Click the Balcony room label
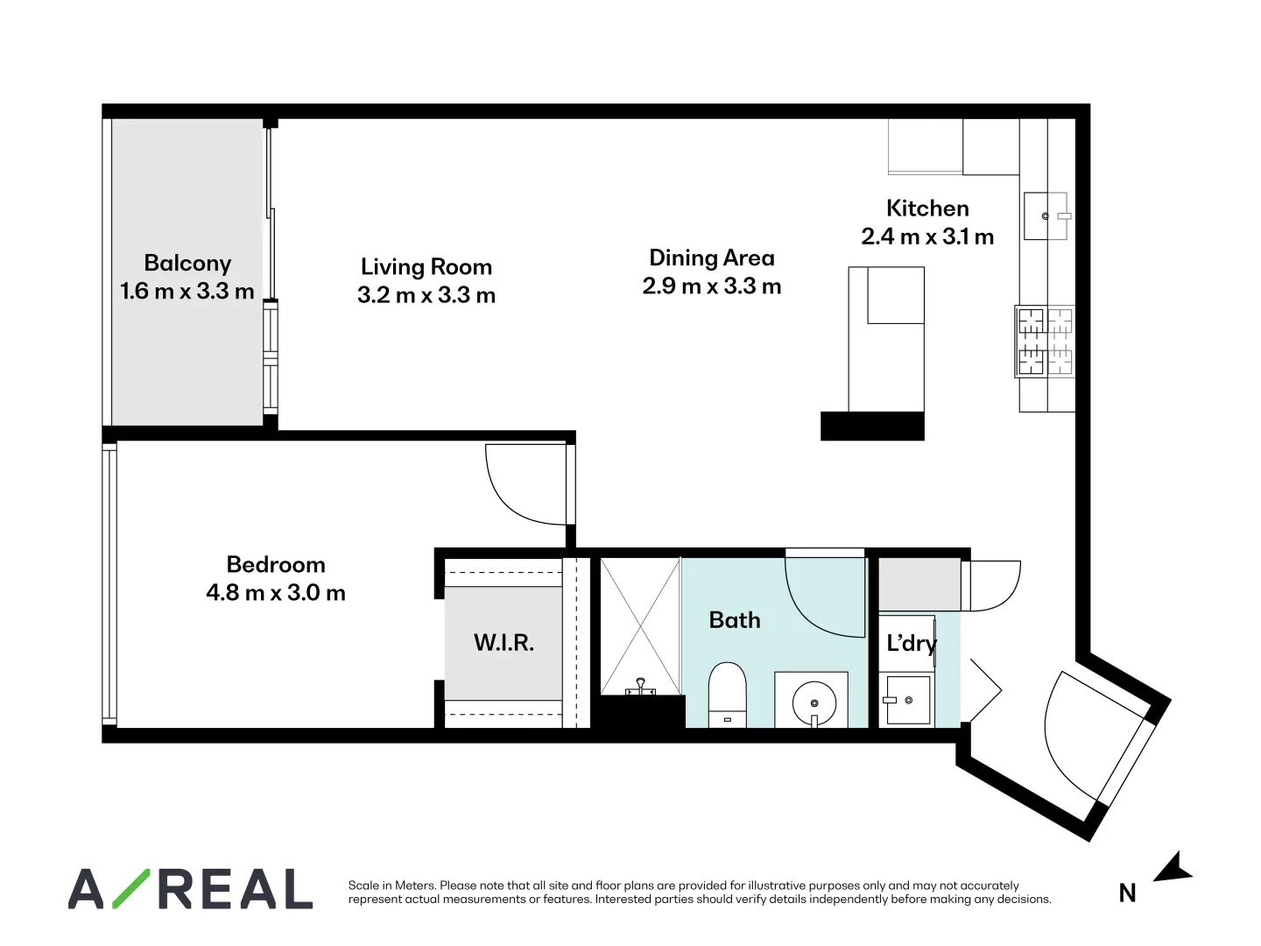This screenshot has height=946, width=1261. (x=187, y=264)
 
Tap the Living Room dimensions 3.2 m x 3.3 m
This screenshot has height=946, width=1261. (x=426, y=295)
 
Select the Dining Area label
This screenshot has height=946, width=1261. (x=711, y=258)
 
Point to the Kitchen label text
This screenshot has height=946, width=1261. (x=927, y=208)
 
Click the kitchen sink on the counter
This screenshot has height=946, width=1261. (x=1046, y=216)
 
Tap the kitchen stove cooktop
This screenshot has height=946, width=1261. (x=1045, y=342)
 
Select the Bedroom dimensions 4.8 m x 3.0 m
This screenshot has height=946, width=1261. (x=276, y=593)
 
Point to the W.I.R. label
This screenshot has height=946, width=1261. (x=504, y=643)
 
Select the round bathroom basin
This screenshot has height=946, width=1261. (x=814, y=702)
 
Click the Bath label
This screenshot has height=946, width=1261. (x=734, y=620)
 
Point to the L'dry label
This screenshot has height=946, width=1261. (x=911, y=644)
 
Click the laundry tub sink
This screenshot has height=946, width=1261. (x=907, y=700)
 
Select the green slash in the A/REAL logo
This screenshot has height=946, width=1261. (x=130, y=888)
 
